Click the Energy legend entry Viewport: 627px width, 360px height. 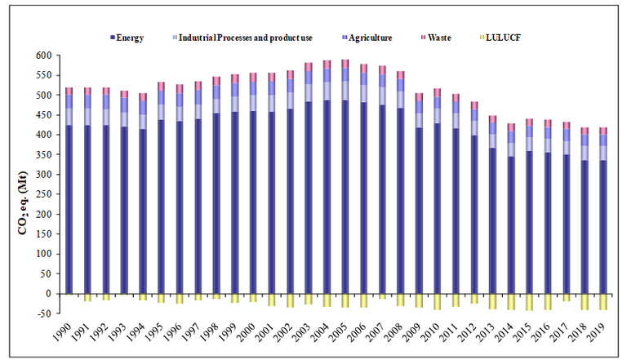tap(130, 38)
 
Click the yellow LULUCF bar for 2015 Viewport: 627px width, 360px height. tap(529, 302)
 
